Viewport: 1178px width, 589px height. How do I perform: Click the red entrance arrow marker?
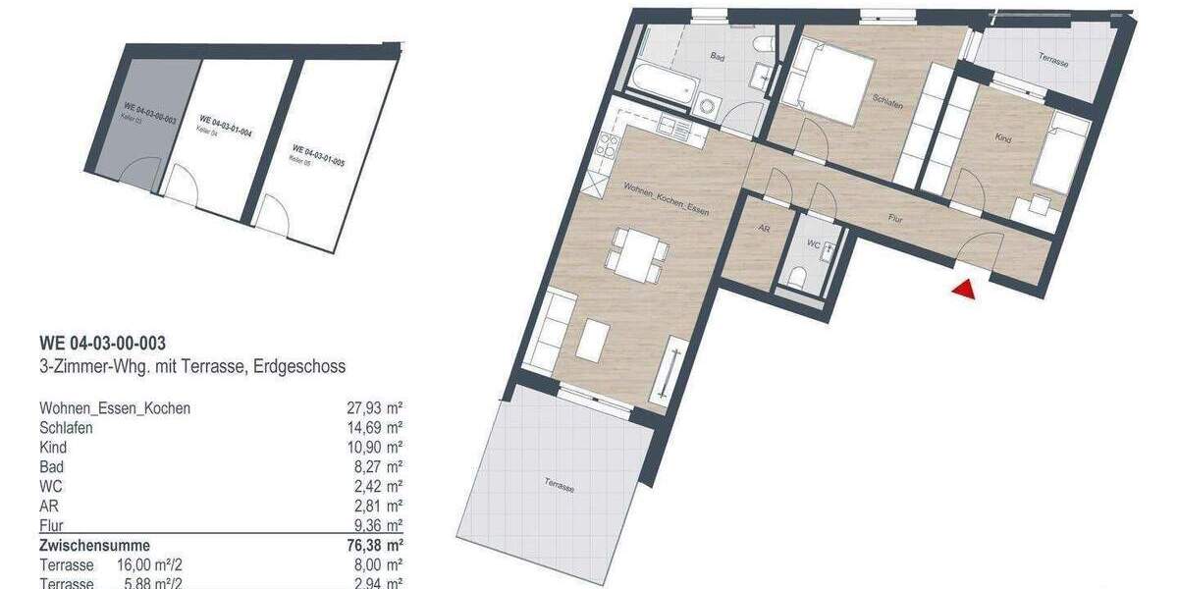coord(964,289)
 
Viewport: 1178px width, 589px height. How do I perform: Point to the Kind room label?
coord(1002,139)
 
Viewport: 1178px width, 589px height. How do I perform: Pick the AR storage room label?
coord(763,227)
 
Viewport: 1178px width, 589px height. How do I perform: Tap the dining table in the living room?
coord(635,253)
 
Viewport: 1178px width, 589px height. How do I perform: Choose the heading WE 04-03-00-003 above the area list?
coord(102,344)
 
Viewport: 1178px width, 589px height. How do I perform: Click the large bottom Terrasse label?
coord(558,483)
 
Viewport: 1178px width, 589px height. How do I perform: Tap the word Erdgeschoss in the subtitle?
coord(303,367)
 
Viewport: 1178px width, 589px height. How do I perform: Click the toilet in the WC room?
coord(797,276)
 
